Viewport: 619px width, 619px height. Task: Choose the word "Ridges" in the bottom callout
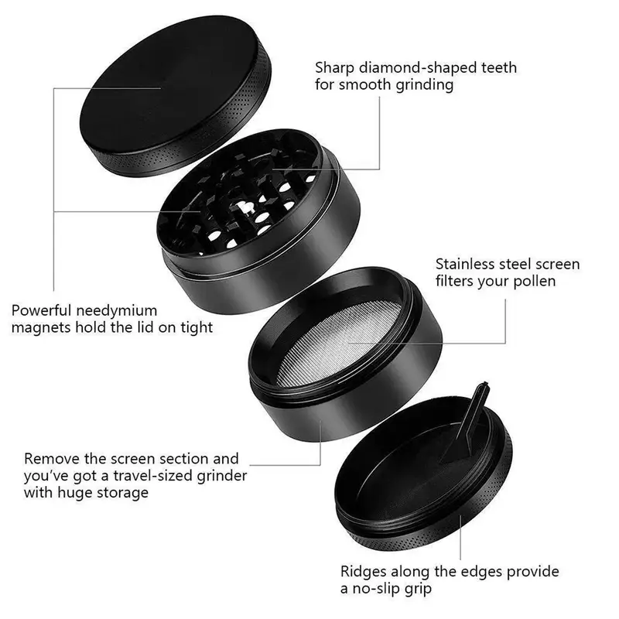pos(363,573)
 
